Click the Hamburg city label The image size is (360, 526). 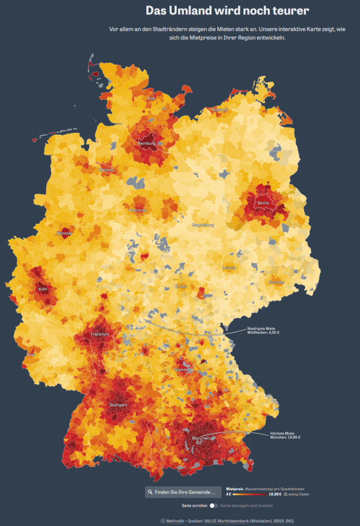(x=146, y=143)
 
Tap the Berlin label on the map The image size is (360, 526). (x=263, y=203)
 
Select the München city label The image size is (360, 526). (x=201, y=438)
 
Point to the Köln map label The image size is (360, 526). (x=43, y=289)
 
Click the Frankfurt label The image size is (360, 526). (x=100, y=334)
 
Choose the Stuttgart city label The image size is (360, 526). (x=118, y=405)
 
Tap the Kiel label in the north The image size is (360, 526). (x=151, y=98)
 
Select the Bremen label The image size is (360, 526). (x=106, y=170)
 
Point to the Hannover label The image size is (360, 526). (x=138, y=210)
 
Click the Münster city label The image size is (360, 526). (x=65, y=233)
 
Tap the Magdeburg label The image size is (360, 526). (x=203, y=225)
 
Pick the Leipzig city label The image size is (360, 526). (x=229, y=268)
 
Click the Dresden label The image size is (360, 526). (x=276, y=282)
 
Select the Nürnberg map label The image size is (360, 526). (x=183, y=369)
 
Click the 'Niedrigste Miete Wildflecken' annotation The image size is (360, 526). (x=263, y=330)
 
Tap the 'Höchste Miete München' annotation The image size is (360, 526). (x=285, y=435)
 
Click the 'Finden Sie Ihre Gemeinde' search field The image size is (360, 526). (x=183, y=492)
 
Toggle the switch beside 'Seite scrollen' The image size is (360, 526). (x=214, y=505)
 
